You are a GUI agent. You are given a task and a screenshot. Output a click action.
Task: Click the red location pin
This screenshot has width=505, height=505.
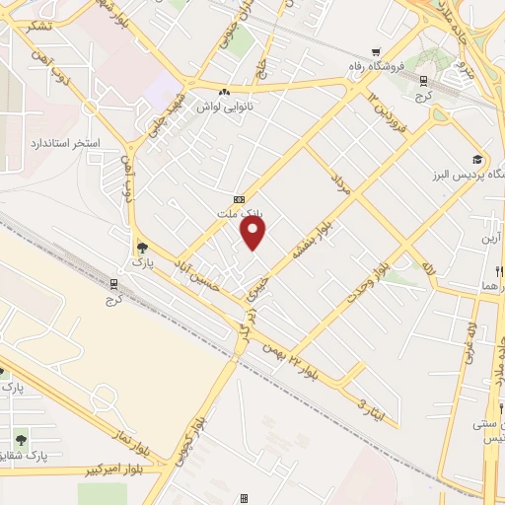point(253,233)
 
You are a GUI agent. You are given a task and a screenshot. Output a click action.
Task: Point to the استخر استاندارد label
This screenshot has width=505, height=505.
point(65,144)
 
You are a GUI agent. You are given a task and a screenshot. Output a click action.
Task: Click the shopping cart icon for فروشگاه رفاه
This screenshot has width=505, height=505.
point(376,53)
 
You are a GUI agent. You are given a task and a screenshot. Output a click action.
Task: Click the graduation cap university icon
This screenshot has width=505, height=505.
point(477,160)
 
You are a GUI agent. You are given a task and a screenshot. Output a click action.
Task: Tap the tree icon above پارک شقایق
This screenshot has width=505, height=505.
point(21,439)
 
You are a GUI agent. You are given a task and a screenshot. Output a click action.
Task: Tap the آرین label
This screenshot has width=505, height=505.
point(490,239)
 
